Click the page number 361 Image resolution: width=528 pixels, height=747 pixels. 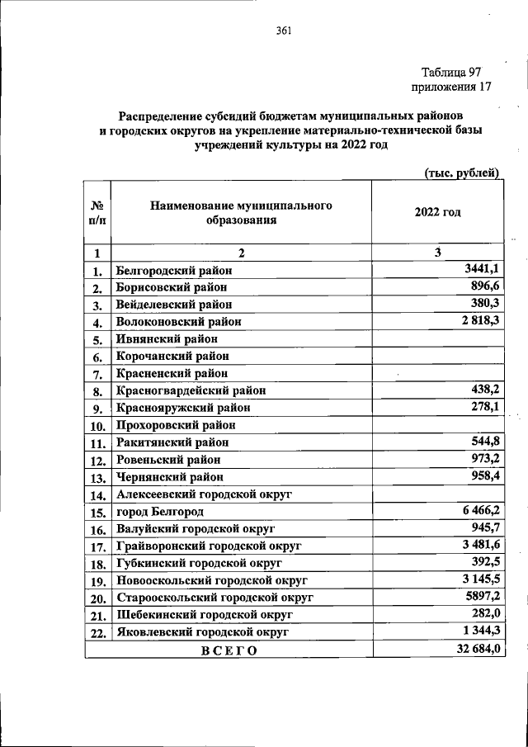(x=285, y=31)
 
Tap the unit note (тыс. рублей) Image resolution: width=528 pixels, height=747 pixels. (x=462, y=173)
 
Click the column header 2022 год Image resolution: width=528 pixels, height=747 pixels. (x=437, y=212)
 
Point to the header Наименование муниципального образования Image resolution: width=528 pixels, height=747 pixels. (x=241, y=212)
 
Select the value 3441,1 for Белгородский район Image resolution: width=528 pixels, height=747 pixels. (x=480, y=269)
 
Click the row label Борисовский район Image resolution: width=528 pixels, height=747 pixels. (x=172, y=287)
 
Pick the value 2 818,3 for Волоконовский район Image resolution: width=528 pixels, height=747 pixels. (x=474, y=321)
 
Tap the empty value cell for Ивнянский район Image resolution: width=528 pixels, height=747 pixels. (x=437, y=338)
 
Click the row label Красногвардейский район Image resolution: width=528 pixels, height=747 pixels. (x=191, y=390)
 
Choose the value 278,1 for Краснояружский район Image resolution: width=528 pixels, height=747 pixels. (x=483, y=408)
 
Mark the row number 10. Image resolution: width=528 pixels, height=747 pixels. (x=97, y=426)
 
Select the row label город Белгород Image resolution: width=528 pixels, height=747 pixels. (x=159, y=513)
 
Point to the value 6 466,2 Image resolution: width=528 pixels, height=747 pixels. (x=475, y=512)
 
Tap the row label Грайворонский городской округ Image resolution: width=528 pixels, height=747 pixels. (x=209, y=546)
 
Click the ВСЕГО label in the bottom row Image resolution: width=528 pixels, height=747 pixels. (x=229, y=650)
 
